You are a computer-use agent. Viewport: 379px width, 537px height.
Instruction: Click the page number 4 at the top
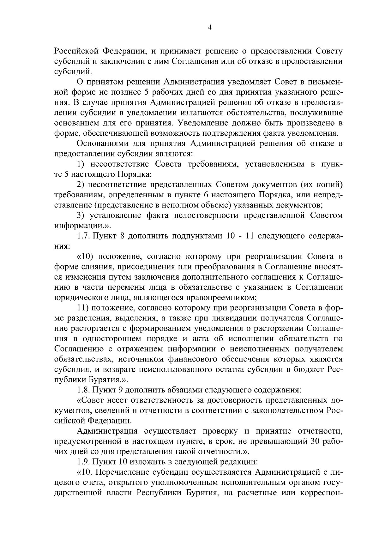coord(209,28)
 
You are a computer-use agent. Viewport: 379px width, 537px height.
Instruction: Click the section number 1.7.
coord(83,236)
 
